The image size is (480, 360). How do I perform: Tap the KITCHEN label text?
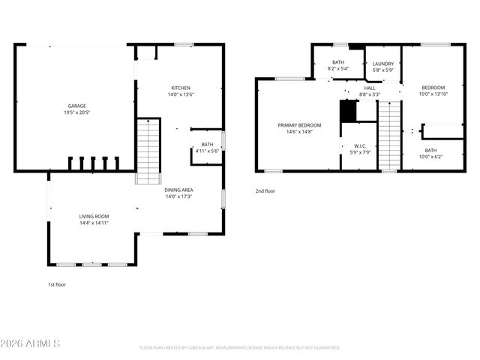pos(181,88)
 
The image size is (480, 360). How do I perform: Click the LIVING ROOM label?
pos(94,217)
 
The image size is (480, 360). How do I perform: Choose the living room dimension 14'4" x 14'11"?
pos(94,223)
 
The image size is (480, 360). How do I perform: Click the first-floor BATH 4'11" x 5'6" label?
pos(207,148)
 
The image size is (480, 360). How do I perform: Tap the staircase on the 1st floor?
pos(148,151)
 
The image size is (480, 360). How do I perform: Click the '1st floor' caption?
pos(57,285)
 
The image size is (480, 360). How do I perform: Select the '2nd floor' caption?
pos(265,191)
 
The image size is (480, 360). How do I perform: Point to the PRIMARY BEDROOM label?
pos(299,125)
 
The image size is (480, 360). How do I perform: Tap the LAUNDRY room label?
pos(383,64)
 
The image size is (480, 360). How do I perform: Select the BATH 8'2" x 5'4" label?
pos(337,64)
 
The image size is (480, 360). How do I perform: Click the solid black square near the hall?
pos(348,110)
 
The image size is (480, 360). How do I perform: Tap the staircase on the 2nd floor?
pos(389,135)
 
